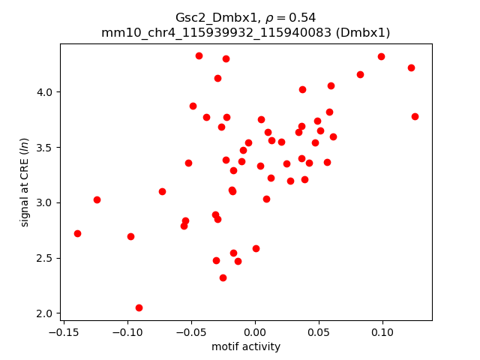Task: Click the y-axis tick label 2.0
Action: [46, 313]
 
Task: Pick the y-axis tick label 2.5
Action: [46, 258]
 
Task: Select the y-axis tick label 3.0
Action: [46, 202]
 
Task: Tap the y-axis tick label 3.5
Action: [46, 148]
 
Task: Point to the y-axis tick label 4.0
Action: [46, 92]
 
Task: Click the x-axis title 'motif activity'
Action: [246, 346]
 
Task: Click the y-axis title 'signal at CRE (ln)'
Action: [25, 182]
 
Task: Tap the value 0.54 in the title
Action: [304, 17]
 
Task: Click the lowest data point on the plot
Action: [139, 307]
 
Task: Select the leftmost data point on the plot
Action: [77, 233]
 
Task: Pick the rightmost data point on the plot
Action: [415, 116]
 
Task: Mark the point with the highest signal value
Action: [199, 55]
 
